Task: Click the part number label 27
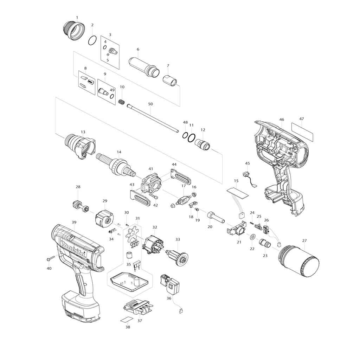[304, 241]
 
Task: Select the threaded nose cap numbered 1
[74, 31]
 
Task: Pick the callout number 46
[282, 120]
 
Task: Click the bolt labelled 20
[215, 216]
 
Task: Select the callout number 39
[74, 223]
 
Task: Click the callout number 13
[83, 132]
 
